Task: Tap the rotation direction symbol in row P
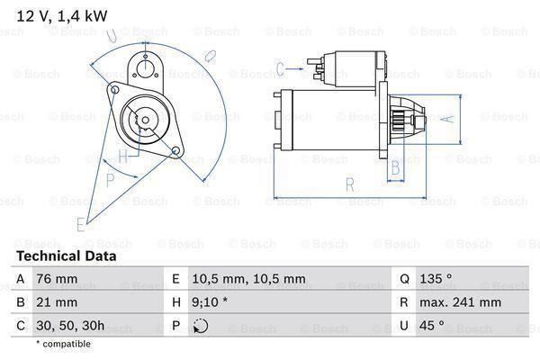pos(201,326)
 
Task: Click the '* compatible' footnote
pos(63,344)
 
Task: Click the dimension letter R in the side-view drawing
pos(349,186)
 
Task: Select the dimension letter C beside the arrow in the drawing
pos(280,67)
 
